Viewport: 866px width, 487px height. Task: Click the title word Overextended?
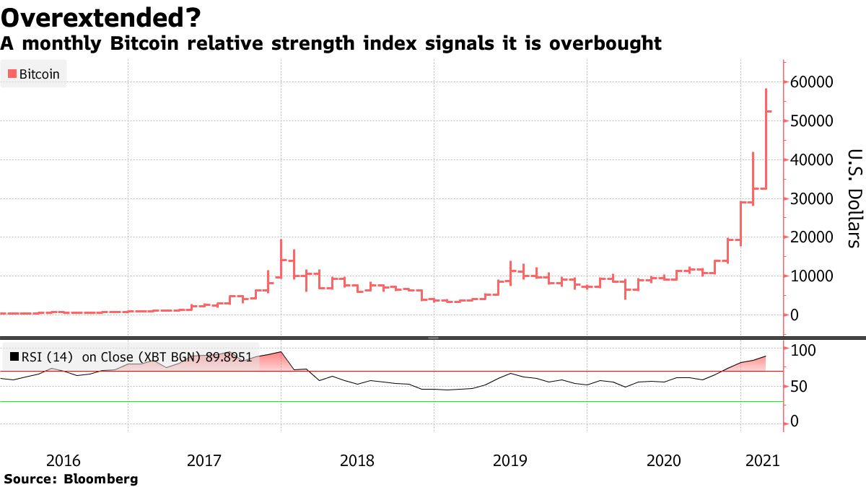pyautogui.click(x=101, y=16)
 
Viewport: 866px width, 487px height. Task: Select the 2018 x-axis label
pyautogui.click(x=357, y=460)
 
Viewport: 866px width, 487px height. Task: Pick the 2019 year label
pyautogui.click(x=509, y=460)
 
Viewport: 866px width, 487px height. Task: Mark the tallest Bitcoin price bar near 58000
pyautogui.click(x=766, y=137)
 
